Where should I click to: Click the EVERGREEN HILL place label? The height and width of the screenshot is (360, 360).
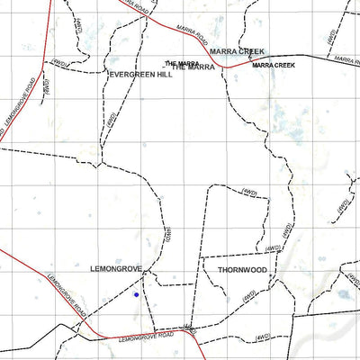[x=139, y=76]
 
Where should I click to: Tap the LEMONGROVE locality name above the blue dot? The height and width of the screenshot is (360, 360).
[x=117, y=268]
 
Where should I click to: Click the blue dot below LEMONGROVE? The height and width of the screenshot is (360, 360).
[x=136, y=294]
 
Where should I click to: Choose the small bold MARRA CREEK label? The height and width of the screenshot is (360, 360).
[x=274, y=66]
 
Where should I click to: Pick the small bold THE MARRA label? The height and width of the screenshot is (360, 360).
[x=182, y=63]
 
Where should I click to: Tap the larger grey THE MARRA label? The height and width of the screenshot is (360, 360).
[x=193, y=67]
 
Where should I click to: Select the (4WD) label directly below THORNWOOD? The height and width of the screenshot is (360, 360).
[x=251, y=295]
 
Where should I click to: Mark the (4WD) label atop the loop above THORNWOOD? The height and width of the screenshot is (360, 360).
[x=249, y=190]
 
